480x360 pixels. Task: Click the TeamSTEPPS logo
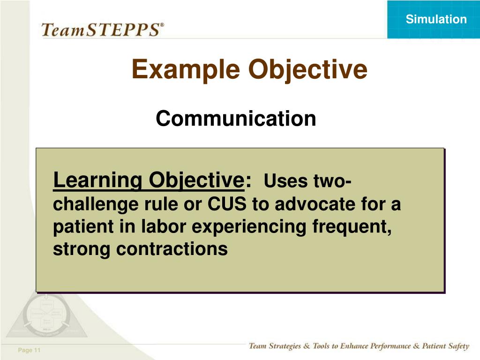click(103, 30)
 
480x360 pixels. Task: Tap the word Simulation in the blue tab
click(436, 19)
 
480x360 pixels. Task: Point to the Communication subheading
click(236, 118)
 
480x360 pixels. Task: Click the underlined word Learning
click(97, 180)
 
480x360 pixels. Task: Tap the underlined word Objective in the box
click(196, 180)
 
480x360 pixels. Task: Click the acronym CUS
click(227, 203)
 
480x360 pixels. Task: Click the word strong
click(81, 249)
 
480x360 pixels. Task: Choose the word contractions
click(172, 249)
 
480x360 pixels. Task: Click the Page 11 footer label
click(29, 350)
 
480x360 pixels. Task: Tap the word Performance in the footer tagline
click(390, 346)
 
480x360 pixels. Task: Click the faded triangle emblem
click(46, 315)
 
